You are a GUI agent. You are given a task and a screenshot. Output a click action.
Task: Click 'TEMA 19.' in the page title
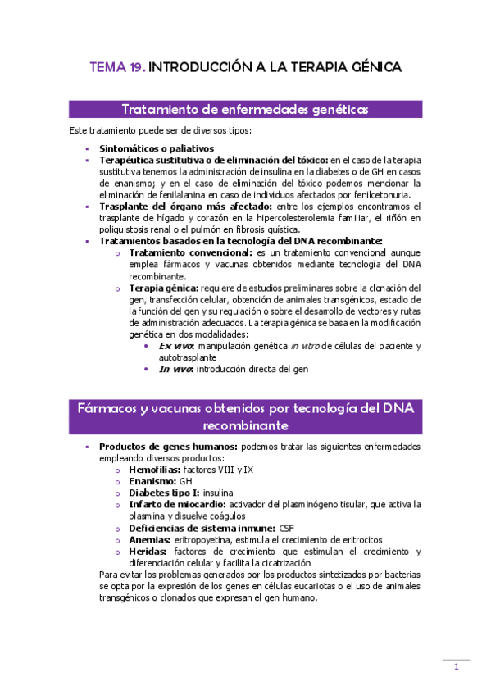click(x=117, y=67)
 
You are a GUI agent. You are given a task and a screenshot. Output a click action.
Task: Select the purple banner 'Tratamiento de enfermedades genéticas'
click(x=245, y=110)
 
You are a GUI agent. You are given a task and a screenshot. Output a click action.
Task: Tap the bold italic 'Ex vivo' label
click(x=177, y=346)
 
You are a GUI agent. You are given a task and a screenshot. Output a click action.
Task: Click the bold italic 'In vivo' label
click(x=176, y=369)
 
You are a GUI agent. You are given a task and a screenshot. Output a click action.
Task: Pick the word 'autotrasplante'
click(x=188, y=357)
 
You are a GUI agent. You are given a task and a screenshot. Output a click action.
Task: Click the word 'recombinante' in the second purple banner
click(x=245, y=426)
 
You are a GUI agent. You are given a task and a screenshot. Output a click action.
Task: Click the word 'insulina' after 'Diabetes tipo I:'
click(x=217, y=493)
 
